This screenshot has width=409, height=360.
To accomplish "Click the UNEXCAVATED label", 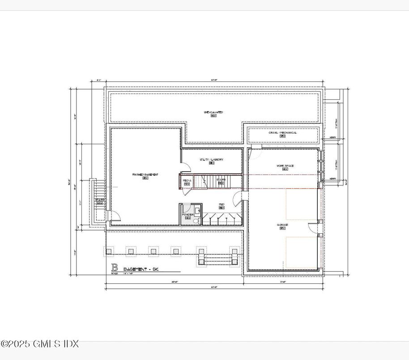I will tap(213, 112).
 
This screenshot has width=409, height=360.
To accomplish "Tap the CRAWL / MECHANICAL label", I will tap(282, 133).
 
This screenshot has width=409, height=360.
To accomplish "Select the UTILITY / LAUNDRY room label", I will tap(211, 160).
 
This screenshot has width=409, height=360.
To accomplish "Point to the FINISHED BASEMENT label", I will tap(145, 174).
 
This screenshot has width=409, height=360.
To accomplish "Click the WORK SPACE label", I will tap(285, 166).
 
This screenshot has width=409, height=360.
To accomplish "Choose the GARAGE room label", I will tap(282, 225).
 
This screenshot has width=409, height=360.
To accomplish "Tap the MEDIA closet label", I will tap(187, 180).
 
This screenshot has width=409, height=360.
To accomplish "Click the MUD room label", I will tap(222, 205).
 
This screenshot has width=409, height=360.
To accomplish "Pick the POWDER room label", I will tap(188, 215).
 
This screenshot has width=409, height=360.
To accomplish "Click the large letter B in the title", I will tap(115, 268).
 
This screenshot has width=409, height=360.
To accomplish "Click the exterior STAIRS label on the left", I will tap(99, 200).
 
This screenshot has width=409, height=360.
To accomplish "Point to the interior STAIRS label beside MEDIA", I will tap(221, 180).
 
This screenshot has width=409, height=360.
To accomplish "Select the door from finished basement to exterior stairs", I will tap(115, 216).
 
